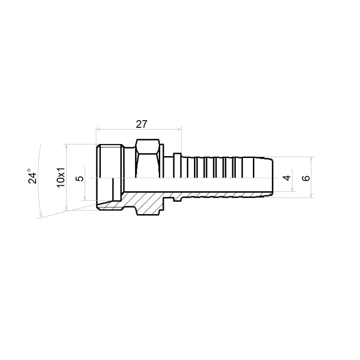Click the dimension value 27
pos(141,124)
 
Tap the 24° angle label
pos(32,176)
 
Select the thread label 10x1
pos(61,177)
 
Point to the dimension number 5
pos(80,178)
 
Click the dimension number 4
pos(287,178)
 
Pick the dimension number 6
pos(306,178)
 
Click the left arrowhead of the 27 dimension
pos(98,130)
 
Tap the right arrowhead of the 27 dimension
pos(180,130)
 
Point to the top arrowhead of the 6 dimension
pos(311,159)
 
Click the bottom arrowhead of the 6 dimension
pos(311,196)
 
